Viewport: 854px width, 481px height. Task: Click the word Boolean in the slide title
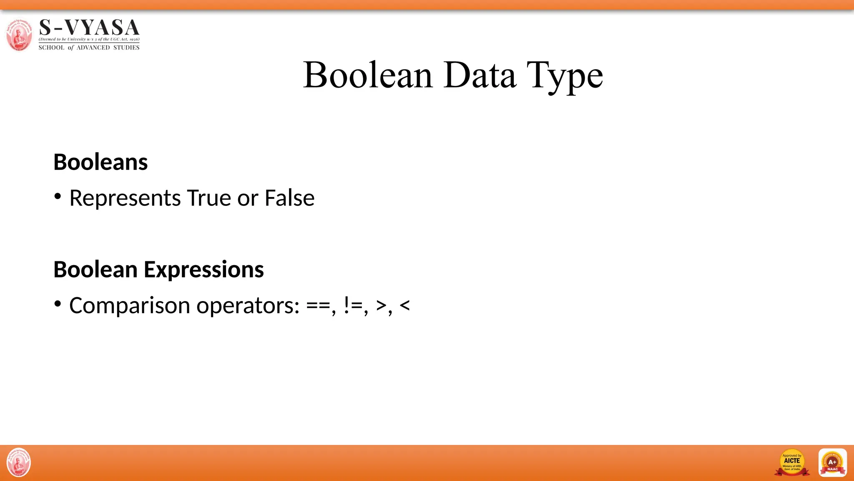[x=368, y=75]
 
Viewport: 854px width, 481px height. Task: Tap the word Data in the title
[x=480, y=75]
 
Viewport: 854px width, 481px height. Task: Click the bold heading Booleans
[x=100, y=162]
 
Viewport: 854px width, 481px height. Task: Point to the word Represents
[x=125, y=198]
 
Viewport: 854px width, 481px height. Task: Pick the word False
[x=289, y=198]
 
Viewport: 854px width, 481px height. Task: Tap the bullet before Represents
[x=58, y=196]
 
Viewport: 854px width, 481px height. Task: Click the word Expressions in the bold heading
[x=203, y=270]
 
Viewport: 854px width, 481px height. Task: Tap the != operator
[x=354, y=306]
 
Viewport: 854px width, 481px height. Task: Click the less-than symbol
[x=404, y=306]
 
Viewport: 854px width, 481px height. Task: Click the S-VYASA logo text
[x=89, y=28]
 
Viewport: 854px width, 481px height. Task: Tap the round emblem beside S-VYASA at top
[x=19, y=35]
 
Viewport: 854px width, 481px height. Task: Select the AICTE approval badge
[x=792, y=463]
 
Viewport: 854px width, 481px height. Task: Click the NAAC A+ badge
[x=832, y=463]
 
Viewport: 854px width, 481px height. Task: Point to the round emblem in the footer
[x=19, y=463]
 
